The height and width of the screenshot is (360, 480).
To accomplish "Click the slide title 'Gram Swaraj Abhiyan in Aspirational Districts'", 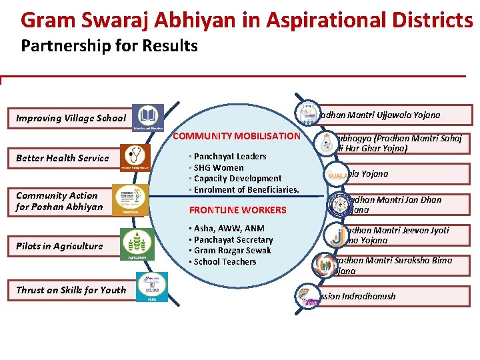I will point(247,20).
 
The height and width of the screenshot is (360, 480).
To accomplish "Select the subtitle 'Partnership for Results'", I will point(109,46).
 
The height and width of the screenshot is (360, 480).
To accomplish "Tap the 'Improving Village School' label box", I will point(71,118).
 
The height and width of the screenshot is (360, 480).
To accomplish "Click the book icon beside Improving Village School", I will point(147,118).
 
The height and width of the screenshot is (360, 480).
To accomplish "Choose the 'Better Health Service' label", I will point(62,158).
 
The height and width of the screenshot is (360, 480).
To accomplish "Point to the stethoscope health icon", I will point(136,158).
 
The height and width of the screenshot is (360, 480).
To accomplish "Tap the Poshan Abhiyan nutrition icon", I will point(130,200).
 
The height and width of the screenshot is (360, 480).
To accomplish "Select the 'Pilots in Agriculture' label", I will point(59,246).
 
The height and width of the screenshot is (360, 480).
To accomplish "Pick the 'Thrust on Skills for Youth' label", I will point(71,290).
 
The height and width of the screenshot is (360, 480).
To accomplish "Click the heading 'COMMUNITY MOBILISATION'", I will point(237,136).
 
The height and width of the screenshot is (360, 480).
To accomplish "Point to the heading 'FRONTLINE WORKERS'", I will point(238,210).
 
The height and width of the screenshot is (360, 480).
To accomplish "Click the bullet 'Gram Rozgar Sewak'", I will point(232,251).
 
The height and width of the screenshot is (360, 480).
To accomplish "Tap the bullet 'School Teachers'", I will point(225,262).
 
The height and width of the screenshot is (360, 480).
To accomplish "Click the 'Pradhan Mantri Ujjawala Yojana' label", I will point(380,115).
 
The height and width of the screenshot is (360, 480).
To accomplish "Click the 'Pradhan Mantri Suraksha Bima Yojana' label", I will point(393,265).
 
